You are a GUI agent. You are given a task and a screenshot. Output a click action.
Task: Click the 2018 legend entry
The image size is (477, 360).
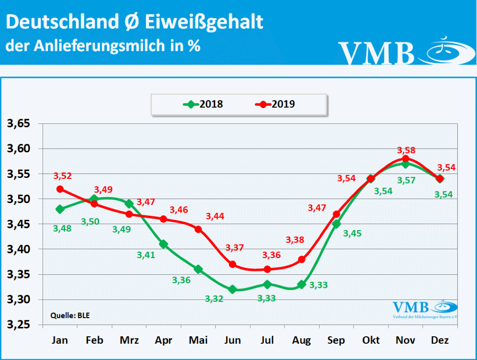pyautogui.click(x=203, y=104)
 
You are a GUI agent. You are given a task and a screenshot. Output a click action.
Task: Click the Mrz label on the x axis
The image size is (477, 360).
pyautogui.click(x=129, y=340)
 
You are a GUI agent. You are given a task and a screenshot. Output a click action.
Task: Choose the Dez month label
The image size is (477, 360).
pyautogui.click(x=440, y=340)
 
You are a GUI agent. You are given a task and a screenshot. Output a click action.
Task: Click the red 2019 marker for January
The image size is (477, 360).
pyautogui.click(x=60, y=189)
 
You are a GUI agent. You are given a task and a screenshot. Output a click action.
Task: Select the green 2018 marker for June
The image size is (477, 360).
pyautogui.click(x=232, y=289)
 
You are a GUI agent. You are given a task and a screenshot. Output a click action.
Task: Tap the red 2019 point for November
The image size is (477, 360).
pyautogui.click(x=405, y=159)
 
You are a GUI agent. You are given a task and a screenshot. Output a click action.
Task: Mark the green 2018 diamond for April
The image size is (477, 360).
pyautogui.click(x=164, y=244)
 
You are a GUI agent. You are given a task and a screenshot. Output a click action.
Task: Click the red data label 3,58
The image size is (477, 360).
pyautogui.click(x=406, y=150)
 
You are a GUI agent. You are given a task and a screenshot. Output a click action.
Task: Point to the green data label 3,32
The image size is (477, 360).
pyautogui.click(x=214, y=298)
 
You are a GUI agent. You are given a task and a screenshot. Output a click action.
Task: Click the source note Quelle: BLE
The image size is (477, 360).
pyautogui.click(x=70, y=315)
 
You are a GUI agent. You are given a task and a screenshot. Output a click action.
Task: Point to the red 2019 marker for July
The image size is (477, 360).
pyautogui.click(x=267, y=269)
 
